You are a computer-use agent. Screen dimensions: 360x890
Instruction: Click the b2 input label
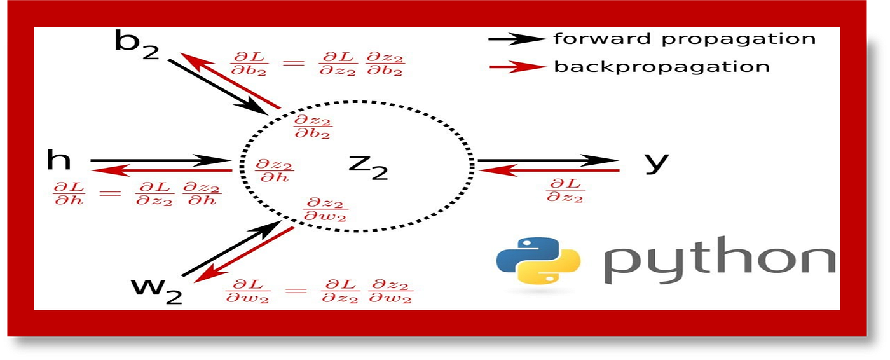click(136, 45)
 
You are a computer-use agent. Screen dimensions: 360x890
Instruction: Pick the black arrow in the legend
click(516, 39)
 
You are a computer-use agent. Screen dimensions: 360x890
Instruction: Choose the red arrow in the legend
click(516, 66)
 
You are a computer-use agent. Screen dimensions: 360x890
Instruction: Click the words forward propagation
click(684, 39)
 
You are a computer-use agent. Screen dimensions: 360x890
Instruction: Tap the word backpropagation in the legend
click(661, 66)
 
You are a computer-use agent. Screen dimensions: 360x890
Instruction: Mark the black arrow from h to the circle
click(159, 160)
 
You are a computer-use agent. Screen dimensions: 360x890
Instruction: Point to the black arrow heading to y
click(547, 160)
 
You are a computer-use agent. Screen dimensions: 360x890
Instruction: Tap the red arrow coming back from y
click(547, 170)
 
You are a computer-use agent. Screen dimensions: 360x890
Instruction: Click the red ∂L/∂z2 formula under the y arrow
click(565, 190)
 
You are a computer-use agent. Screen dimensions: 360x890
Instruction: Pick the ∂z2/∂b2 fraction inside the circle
click(312, 126)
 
